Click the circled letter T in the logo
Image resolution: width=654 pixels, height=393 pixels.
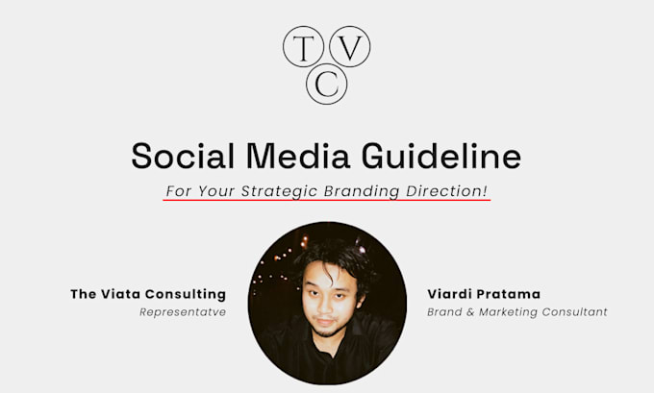[x=302, y=47]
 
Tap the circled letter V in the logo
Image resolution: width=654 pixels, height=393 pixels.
[x=351, y=47]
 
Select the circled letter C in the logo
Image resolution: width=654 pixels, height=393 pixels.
[x=327, y=85]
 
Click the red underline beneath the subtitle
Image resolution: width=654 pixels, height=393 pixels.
[x=327, y=202]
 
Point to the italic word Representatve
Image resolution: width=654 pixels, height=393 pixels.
[x=183, y=312]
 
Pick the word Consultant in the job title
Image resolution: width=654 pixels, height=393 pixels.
[x=576, y=312]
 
